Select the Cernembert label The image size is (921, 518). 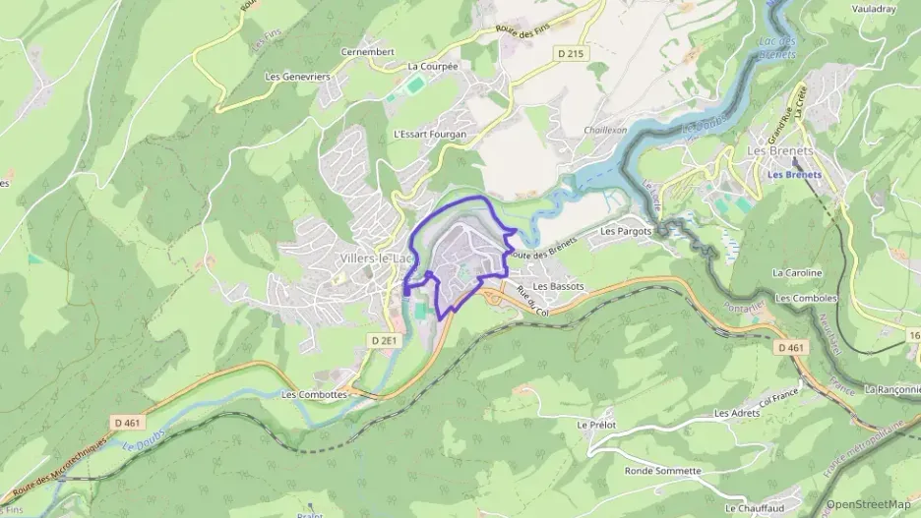coord(367,52)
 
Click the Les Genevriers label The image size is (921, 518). coord(298,76)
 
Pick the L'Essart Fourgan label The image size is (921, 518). coord(429,134)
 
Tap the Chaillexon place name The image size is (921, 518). coord(605,130)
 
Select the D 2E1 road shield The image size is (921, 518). coord(385,340)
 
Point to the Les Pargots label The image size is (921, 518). coord(626,232)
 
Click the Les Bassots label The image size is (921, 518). coord(558,286)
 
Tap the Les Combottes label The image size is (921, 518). coord(314,394)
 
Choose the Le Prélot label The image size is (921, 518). coord(595,424)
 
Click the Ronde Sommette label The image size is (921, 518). coord(662,471)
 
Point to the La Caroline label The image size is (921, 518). coord(797,272)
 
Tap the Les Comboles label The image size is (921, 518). coord(806,298)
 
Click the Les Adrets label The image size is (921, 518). coord(737,413)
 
